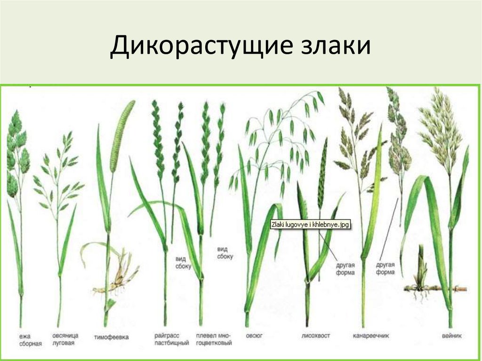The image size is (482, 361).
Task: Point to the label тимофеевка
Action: click(x=111, y=337)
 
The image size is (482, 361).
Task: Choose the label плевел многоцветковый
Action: click(x=214, y=339)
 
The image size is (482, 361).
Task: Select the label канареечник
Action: click(x=370, y=336)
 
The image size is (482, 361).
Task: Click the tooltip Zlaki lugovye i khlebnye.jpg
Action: click(x=310, y=225)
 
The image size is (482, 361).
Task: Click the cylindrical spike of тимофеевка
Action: click(x=121, y=134)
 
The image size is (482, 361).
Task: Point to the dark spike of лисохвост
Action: click(x=322, y=172)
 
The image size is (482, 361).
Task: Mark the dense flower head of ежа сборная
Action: click(x=16, y=151)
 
